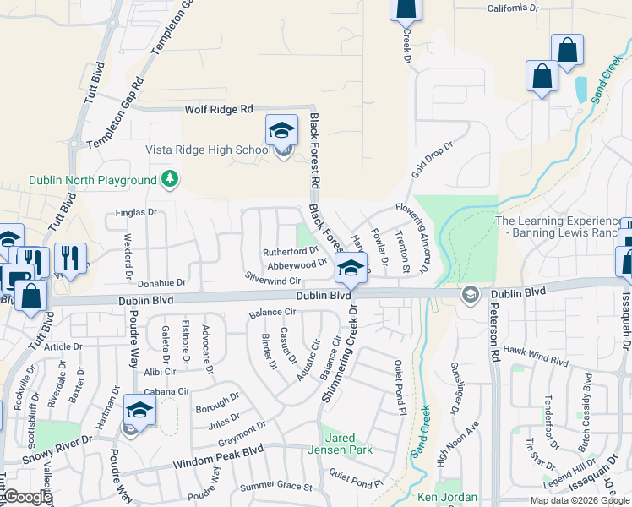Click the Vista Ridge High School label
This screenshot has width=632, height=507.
pyautogui.click(x=219, y=150)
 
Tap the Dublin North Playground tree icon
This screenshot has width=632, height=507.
pyautogui.click(x=170, y=179)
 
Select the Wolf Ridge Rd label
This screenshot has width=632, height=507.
pyautogui.click(x=219, y=110)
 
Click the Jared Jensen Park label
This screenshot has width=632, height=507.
pyautogui.click(x=347, y=444)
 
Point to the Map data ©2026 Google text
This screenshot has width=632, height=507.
pyautogui.click(x=579, y=500)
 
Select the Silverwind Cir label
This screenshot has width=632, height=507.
pyautogui.click(x=273, y=279)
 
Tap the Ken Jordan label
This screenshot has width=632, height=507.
pyautogui.click(x=447, y=498)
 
